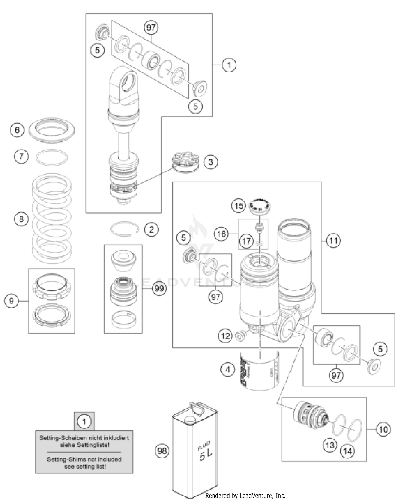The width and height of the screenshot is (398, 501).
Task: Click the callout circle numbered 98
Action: (162, 451)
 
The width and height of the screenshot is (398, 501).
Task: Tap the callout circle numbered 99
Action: (159, 288)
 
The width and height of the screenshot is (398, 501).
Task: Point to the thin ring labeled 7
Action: (52, 157)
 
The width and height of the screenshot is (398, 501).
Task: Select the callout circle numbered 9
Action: (11, 300)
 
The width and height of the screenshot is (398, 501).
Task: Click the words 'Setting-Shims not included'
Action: (84, 459)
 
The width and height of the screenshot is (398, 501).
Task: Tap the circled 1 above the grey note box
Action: (84, 421)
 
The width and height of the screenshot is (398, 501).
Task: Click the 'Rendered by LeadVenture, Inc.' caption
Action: (245, 495)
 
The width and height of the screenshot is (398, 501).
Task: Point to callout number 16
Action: (221, 234)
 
